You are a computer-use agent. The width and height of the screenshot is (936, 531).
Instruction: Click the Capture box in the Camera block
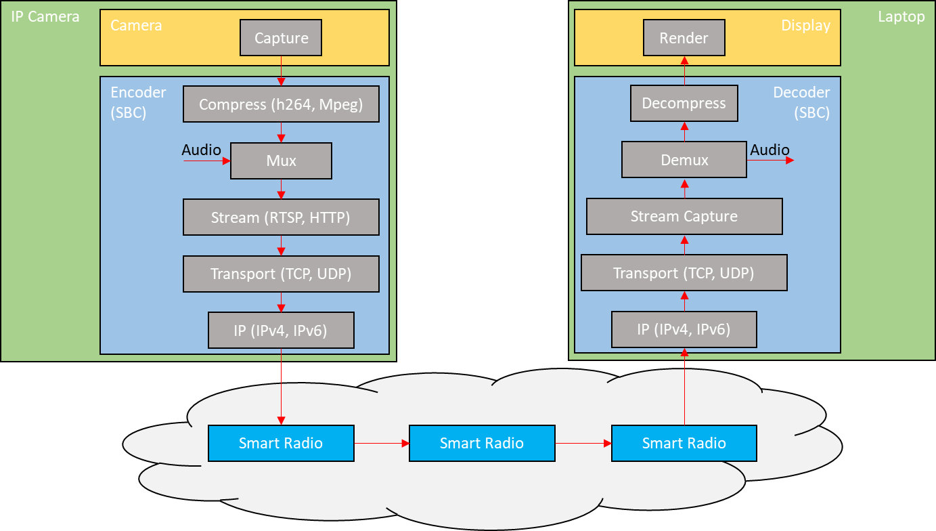pos(281,38)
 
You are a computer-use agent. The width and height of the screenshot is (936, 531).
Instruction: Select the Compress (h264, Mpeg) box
pos(281,104)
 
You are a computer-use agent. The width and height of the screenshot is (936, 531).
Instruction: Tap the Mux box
pos(281,161)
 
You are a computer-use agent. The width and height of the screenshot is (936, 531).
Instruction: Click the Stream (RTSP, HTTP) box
pos(281,217)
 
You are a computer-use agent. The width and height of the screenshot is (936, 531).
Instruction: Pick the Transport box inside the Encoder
pos(281,274)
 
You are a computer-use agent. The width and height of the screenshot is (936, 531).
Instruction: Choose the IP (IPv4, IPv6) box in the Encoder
pos(281,331)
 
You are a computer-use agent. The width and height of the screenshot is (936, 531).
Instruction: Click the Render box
pos(684,38)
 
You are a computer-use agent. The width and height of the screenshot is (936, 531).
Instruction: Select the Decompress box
pos(684,104)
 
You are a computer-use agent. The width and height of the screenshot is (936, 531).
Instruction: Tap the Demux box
pos(684,160)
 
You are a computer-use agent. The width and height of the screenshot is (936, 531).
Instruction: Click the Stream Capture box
pos(684,217)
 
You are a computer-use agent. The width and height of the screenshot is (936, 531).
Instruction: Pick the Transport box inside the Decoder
pos(684,273)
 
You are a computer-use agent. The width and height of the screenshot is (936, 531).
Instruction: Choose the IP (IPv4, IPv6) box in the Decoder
pos(684,329)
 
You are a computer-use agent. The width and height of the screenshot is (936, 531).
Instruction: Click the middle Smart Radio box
pos(482,444)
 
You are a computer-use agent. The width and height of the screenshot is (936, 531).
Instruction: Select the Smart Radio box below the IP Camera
pos(281,444)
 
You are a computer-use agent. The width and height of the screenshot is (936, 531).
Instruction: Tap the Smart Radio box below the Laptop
pos(684,444)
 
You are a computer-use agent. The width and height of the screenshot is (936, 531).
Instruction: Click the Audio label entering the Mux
pos(201,150)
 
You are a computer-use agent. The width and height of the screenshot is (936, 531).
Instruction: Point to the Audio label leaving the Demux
pos(770,150)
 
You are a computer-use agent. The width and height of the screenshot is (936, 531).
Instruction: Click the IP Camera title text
pos(45,16)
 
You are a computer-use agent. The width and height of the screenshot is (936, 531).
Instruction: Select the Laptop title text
pos(901,16)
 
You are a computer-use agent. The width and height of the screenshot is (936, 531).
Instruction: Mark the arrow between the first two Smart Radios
pos(382,444)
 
